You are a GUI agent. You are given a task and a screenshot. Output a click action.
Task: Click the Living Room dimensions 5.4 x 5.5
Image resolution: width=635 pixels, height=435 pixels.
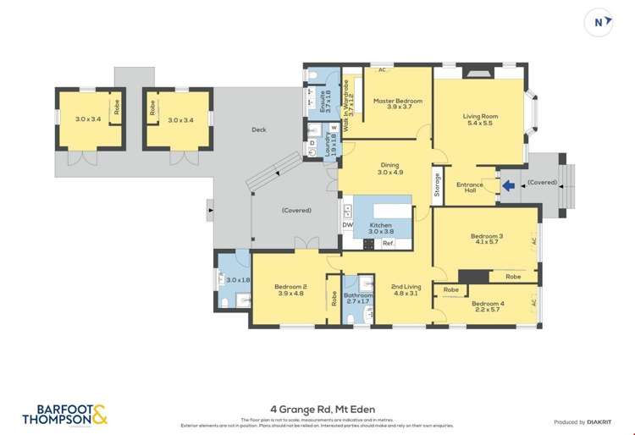[x=479, y=123]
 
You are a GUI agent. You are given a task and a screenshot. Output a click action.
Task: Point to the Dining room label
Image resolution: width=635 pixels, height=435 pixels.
[x=389, y=166]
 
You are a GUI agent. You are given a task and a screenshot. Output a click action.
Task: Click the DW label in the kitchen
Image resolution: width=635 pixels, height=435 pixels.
[x=348, y=224]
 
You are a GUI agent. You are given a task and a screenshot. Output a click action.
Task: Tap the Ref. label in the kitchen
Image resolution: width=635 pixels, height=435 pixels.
[x=388, y=244]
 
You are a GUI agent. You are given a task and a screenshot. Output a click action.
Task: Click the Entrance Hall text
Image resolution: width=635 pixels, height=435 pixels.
[x=470, y=188]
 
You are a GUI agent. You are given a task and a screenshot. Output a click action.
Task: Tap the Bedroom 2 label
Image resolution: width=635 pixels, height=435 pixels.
[x=290, y=287]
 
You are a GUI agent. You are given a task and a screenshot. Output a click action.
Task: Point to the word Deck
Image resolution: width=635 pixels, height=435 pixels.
[x=259, y=129]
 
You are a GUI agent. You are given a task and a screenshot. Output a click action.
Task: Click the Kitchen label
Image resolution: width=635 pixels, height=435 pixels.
[x=381, y=225]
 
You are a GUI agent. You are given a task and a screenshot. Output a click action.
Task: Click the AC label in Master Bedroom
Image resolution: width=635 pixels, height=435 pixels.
[x=382, y=70]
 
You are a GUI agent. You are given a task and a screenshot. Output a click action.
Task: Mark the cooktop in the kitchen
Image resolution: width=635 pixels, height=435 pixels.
[x=369, y=244]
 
